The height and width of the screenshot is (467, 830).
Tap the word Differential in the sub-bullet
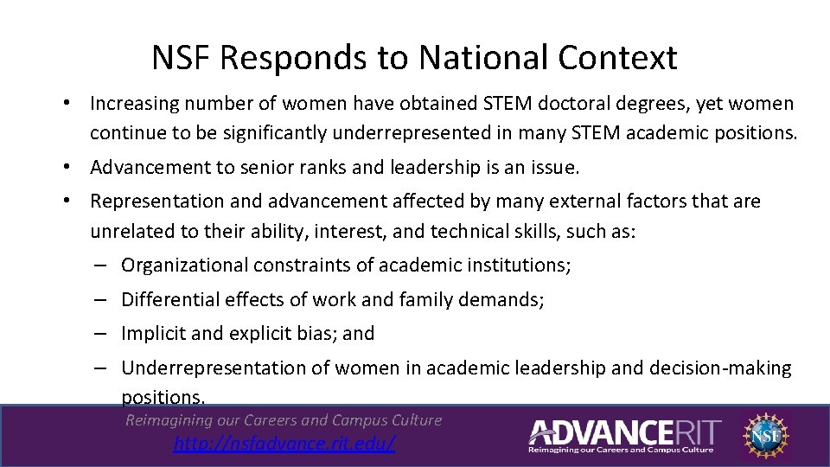[169, 300]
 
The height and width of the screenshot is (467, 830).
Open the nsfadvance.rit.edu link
[284, 444]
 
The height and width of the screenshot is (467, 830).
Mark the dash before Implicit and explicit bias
[101, 334]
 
